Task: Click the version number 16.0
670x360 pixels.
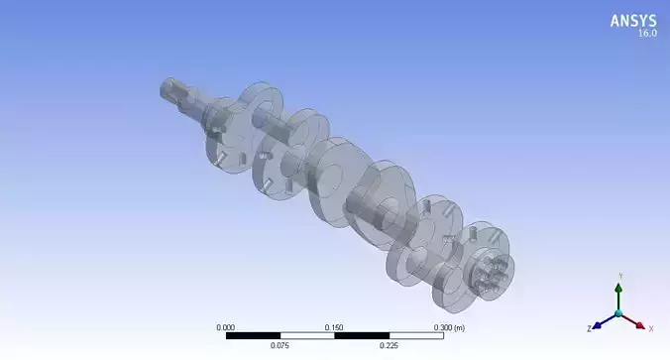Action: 646,33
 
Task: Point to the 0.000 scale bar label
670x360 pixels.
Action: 226,326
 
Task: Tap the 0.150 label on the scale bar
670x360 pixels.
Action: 334,326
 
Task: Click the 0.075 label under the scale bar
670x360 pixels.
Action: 280,346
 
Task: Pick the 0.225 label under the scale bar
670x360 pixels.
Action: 389,346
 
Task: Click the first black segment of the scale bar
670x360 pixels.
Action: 253,335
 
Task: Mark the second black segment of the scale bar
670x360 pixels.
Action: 361,335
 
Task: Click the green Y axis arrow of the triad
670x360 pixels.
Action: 618,295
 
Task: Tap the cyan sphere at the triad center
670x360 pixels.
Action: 618,313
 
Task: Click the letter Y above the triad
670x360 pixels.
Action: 618,275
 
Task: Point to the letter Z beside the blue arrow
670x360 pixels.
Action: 588,326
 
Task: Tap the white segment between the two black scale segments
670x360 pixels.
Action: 307,335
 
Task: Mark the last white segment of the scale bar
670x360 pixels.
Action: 415,335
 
